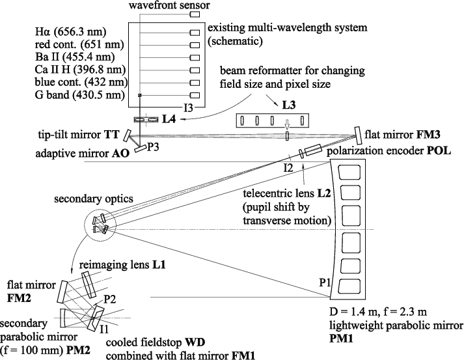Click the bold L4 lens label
pyautogui.click(x=171, y=119)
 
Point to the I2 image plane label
pyautogui.click(x=288, y=169)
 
